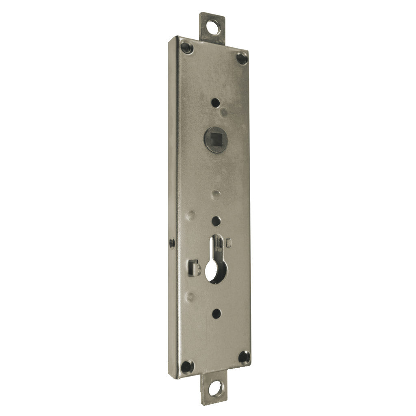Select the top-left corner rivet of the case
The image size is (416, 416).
[x=186, y=47]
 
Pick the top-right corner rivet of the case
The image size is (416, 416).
[x=242, y=57]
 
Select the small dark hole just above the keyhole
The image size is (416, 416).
[x=216, y=221]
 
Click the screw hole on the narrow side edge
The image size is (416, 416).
[x=171, y=243]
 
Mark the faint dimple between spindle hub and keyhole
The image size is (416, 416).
[x=216, y=193]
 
